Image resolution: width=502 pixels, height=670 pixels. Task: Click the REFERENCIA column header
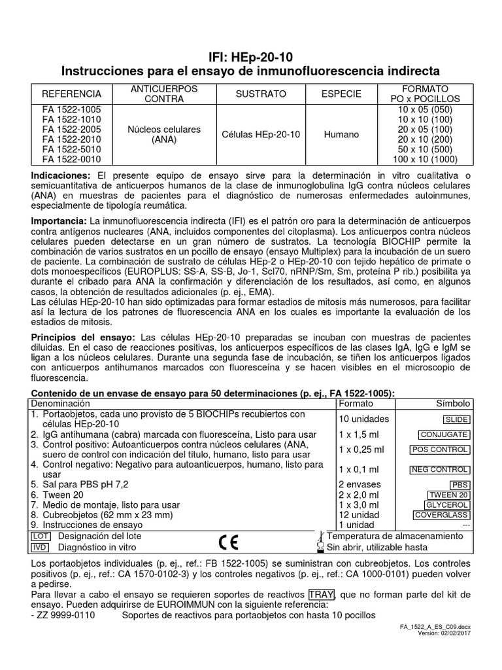coord(71,94)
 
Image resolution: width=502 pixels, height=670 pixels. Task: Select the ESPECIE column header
coord(341,94)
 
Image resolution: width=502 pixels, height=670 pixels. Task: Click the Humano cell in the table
coord(341,134)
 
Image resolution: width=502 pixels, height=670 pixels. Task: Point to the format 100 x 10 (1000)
coord(425,159)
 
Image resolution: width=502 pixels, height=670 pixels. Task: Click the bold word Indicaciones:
coord(61,177)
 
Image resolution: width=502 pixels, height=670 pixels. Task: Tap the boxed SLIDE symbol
coord(456,420)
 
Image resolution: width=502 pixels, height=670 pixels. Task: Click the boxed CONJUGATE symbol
coord(444,434)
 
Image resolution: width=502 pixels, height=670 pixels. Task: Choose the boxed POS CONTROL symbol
coord(439,450)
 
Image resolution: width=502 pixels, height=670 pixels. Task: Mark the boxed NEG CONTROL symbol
coord(439,470)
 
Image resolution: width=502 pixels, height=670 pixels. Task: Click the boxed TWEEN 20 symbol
coord(448,495)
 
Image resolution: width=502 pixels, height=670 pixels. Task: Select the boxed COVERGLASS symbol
coord(441,515)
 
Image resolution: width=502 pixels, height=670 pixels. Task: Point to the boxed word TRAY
coord(321,594)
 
